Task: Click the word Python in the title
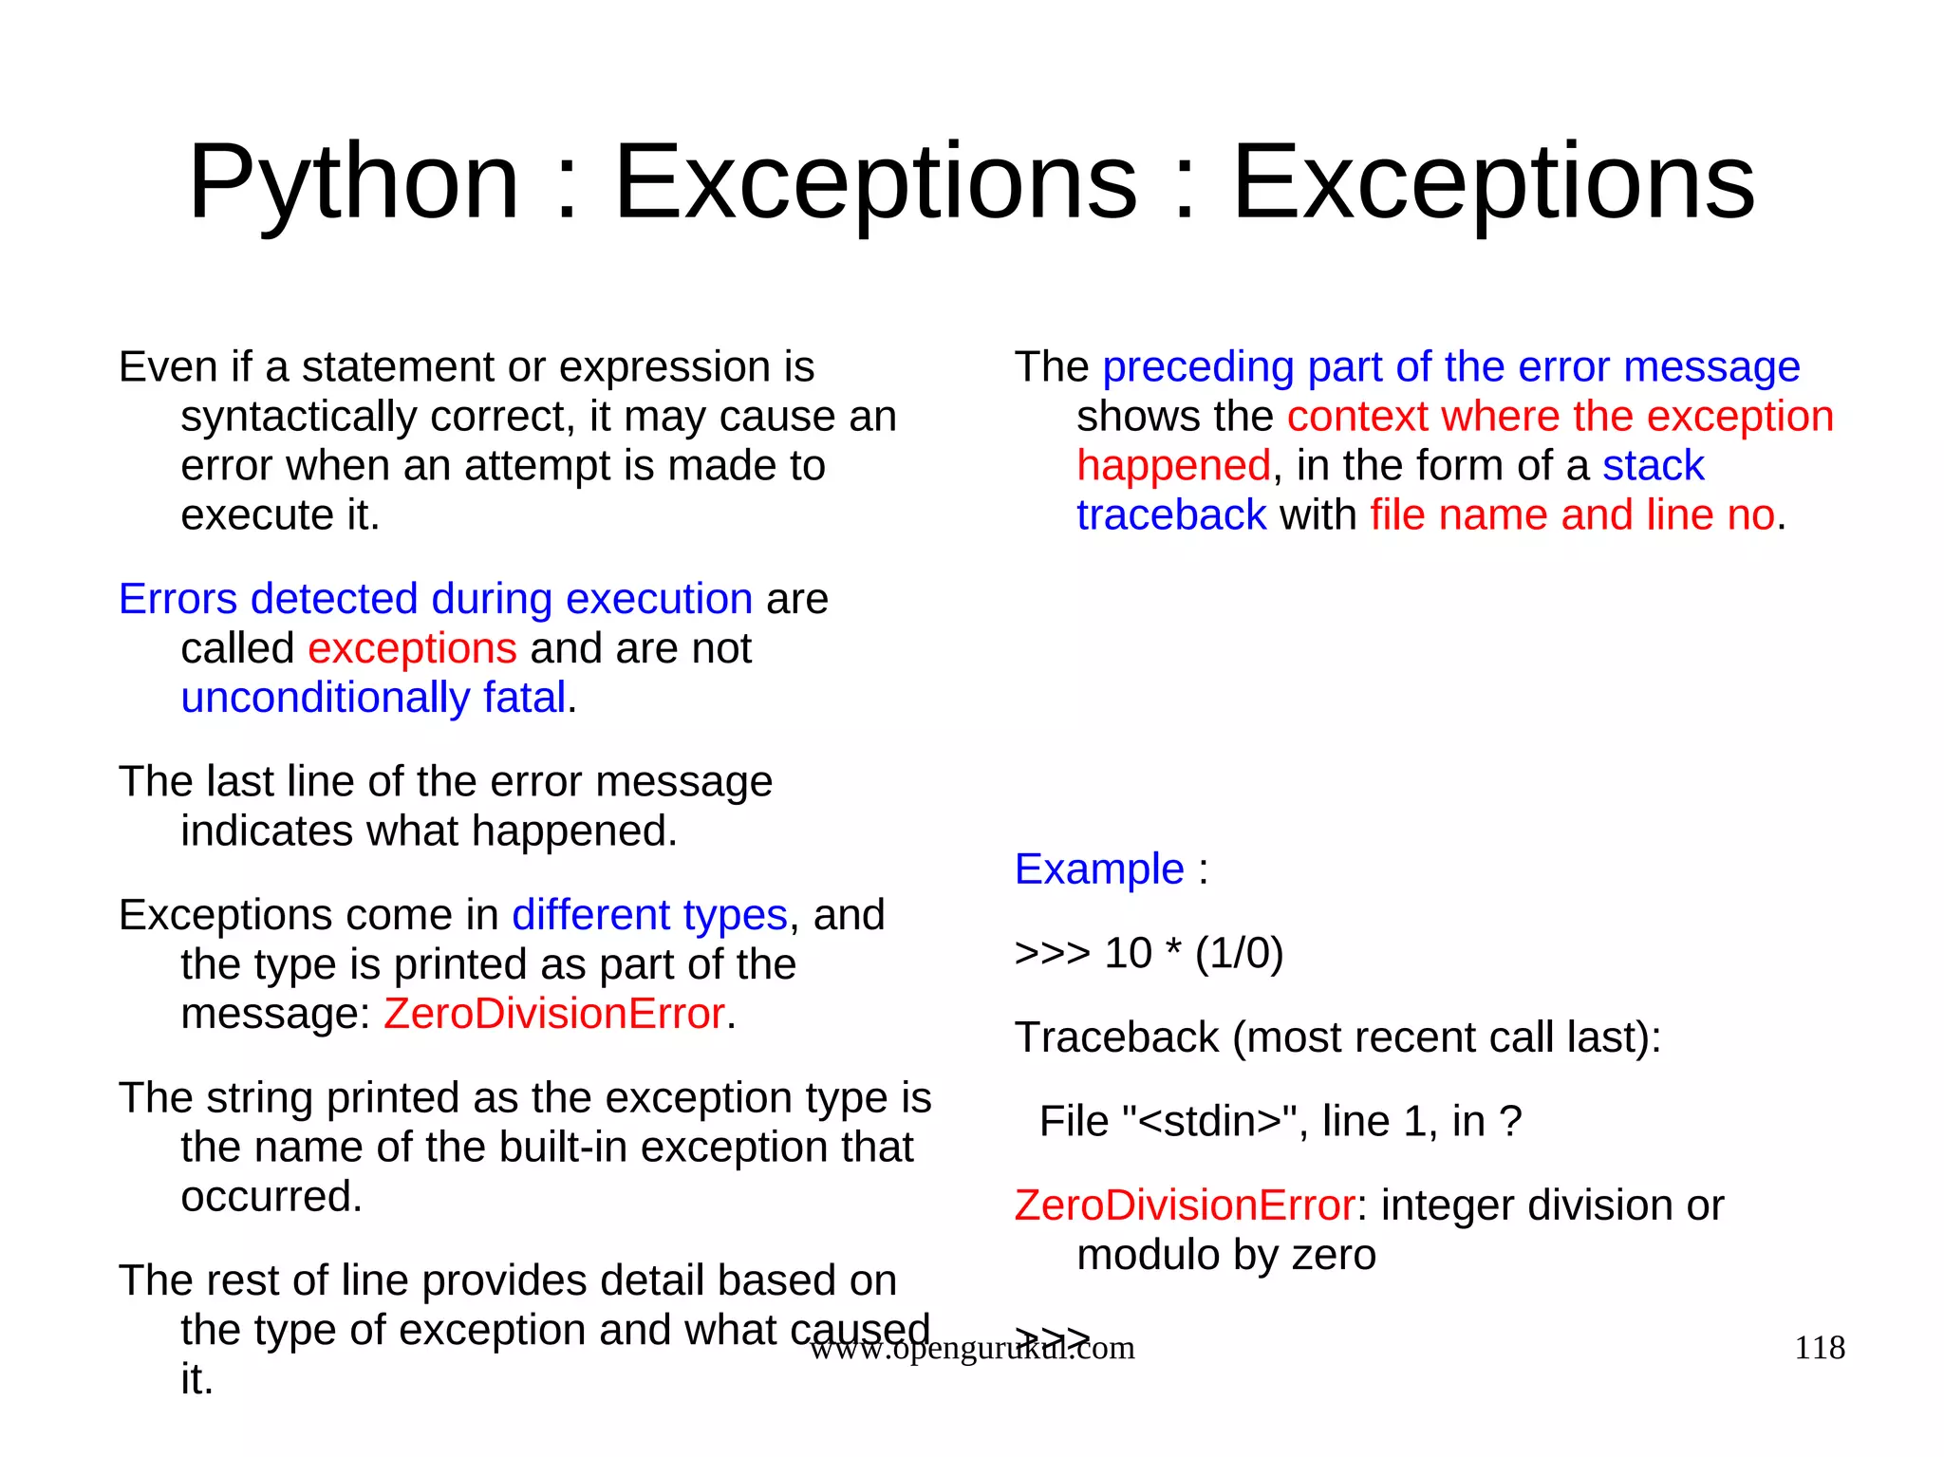coord(353,182)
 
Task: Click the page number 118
coord(1819,1348)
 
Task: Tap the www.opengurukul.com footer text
coord(971,1349)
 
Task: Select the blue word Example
coord(1099,869)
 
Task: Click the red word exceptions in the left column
coord(412,649)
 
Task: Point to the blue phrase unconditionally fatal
coord(373,699)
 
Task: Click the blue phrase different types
coord(649,916)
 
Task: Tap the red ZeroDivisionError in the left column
coord(554,1014)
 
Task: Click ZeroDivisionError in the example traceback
coord(1185,1205)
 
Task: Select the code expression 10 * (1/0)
coord(1193,953)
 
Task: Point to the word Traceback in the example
coord(1116,1037)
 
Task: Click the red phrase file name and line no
coord(1572,515)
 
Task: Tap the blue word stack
coord(1654,466)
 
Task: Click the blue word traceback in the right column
coord(1171,515)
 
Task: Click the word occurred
coord(271,1197)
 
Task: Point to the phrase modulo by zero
coord(1225,1255)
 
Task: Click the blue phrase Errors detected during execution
coord(436,600)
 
